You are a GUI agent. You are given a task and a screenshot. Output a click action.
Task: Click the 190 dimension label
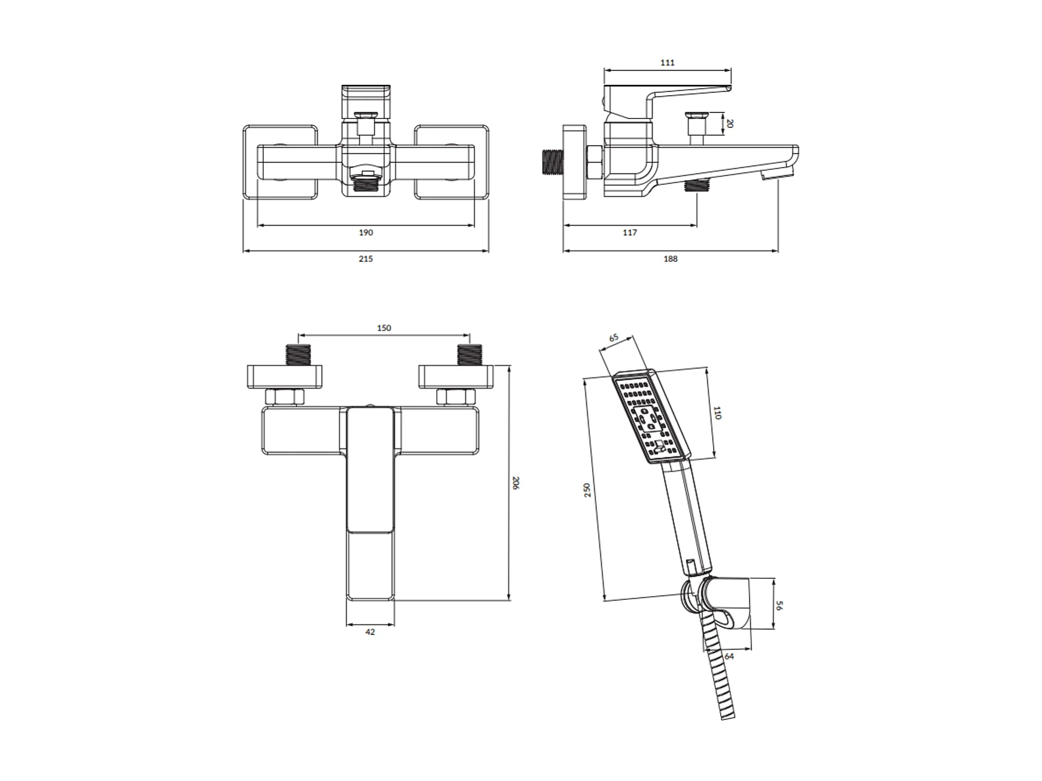click(365, 233)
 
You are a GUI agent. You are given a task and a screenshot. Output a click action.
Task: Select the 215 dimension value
click(365, 259)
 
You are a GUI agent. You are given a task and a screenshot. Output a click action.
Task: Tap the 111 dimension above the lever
click(668, 63)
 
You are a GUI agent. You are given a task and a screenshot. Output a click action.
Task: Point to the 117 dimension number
click(630, 233)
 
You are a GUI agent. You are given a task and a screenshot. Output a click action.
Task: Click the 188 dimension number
click(671, 259)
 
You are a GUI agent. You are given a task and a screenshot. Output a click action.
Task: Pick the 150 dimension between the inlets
click(384, 328)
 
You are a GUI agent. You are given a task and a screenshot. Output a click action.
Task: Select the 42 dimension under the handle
click(370, 632)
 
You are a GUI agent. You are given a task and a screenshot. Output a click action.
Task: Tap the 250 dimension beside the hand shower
click(587, 490)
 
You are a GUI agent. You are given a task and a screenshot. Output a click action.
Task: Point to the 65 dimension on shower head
click(614, 338)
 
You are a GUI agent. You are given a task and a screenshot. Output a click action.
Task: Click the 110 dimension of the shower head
click(717, 413)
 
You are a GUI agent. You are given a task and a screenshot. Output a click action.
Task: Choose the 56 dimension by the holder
click(779, 606)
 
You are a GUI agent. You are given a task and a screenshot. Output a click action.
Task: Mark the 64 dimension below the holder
click(729, 656)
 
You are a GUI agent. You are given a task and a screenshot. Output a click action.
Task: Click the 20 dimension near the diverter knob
click(730, 124)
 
